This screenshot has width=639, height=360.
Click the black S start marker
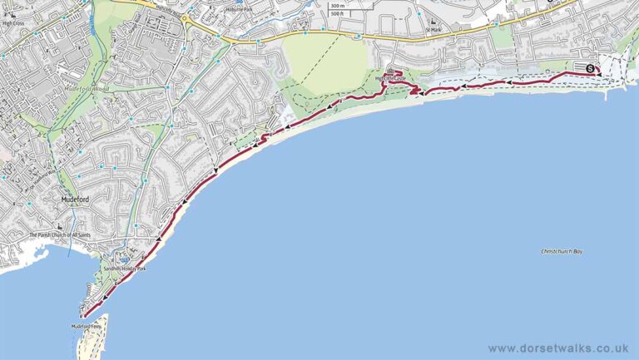pos(590,68)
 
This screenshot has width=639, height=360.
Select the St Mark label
pos(432,30)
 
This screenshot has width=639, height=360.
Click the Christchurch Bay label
pos(562,251)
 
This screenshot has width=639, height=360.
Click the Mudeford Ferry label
pos(85,326)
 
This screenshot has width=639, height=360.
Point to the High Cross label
pos(14,23)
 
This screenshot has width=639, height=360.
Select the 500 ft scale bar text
pos(336,14)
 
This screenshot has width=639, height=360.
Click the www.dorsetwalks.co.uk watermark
pos(558,348)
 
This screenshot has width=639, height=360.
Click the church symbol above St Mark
pos(432,22)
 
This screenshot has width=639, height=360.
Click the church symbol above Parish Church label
pos(59,227)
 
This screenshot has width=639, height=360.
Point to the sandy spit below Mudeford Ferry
pos(96,341)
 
